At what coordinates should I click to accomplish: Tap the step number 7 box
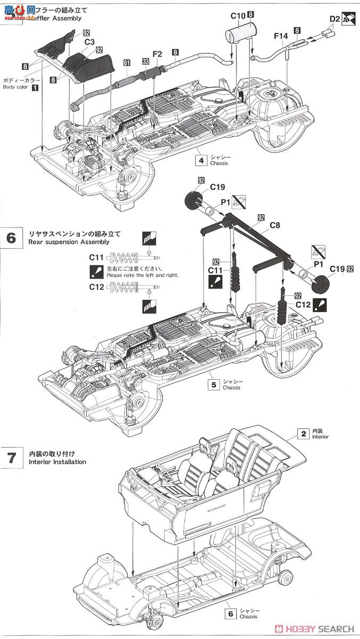click(x=11, y=457)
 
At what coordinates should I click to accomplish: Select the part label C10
click(x=238, y=15)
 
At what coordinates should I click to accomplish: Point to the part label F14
click(x=281, y=36)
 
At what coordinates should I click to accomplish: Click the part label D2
click(x=334, y=20)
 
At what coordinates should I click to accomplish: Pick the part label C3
click(x=89, y=41)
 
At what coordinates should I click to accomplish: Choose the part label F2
click(x=157, y=54)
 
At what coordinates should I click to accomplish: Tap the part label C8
click(x=274, y=225)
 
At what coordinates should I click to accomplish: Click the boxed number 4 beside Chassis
click(x=201, y=159)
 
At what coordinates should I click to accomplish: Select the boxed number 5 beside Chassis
click(x=214, y=383)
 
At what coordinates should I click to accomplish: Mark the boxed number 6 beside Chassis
click(x=230, y=613)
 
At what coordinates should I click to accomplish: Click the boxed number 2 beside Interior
click(x=303, y=434)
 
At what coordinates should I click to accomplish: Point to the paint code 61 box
click(x=127, y=63)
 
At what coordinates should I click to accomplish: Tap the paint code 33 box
click(x=145, y=61)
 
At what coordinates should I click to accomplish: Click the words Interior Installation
click(x=53, y=462)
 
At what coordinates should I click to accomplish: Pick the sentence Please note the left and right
click(x=142, y=275)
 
